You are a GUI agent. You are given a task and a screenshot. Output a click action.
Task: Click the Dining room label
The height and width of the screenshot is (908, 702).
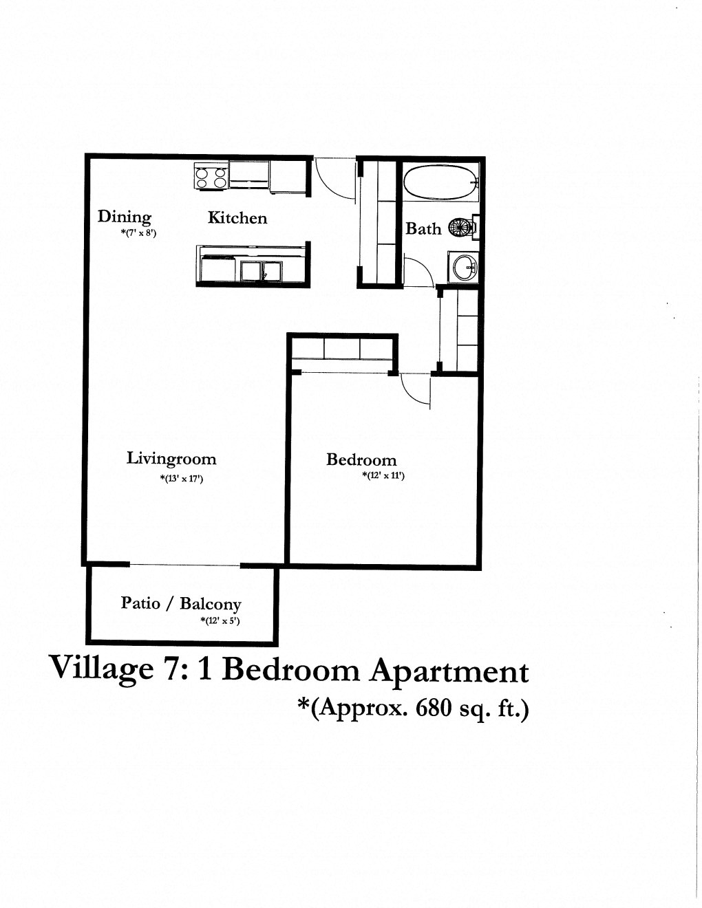(124, 217)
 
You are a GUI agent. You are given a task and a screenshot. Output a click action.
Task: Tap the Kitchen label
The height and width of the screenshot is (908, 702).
(237, 218)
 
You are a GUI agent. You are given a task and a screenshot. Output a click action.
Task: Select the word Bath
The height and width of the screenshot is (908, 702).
(423, 229)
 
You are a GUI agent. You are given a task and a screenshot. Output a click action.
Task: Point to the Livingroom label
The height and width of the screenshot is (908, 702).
(171, 459)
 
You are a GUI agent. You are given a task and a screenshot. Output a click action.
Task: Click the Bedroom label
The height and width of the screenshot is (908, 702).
(361, 460)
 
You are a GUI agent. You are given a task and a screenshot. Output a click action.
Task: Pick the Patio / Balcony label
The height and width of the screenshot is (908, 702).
(181, 604)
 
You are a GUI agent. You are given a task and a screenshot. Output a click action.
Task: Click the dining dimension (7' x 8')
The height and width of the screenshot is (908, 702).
(139, 233)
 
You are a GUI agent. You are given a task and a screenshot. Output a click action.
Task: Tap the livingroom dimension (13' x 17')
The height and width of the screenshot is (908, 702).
(181, 479)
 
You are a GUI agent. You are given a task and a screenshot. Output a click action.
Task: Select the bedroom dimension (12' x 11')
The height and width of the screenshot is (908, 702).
(383, 475)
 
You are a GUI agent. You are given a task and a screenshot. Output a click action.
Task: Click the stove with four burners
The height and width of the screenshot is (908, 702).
(211, 177)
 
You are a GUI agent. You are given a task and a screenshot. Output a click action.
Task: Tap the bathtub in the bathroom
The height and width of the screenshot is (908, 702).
(440, 182)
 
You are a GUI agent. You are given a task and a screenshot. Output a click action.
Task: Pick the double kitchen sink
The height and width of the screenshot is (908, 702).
(262, 270)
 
